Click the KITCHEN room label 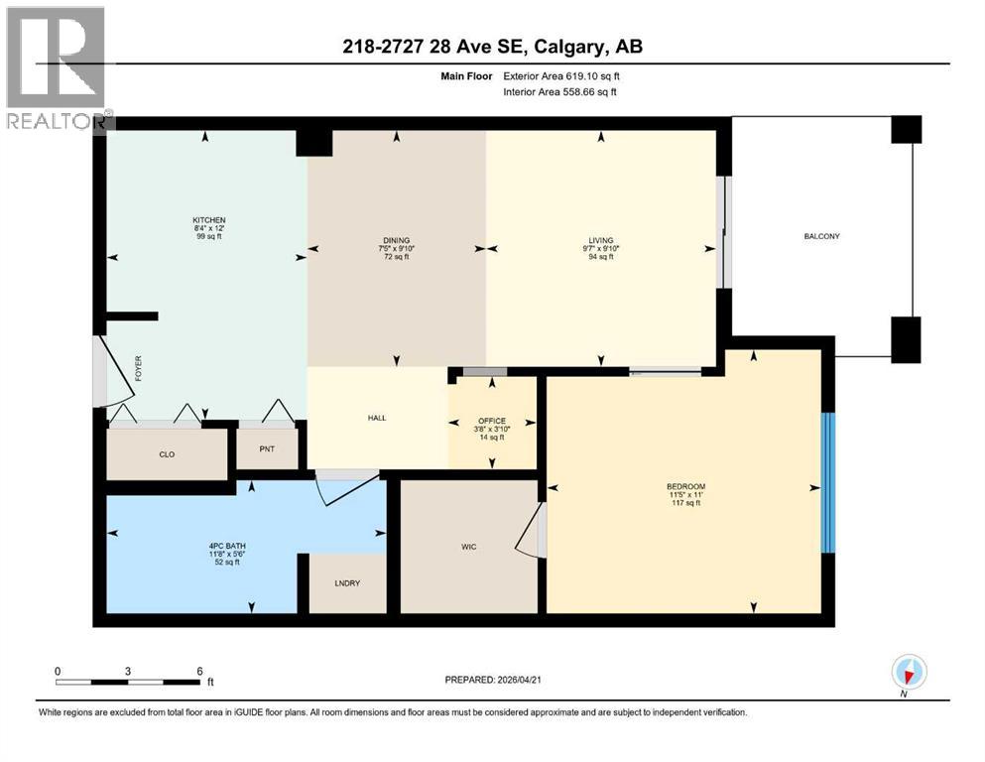coord(209,220)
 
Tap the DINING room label coord(396,240)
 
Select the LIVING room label coord(600,240)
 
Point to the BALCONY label coord(822,236)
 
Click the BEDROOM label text coord(684,486)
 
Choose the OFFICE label coord(491,420)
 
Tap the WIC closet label coord(469,547)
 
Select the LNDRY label coord(346,582)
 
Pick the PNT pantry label coord(267,448)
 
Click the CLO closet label coord(167,454)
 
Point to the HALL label coord(376,418)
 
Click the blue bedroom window coord(829,482)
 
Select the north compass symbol coord(909,673)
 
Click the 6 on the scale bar coord(199,671)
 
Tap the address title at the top coord(491,48)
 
